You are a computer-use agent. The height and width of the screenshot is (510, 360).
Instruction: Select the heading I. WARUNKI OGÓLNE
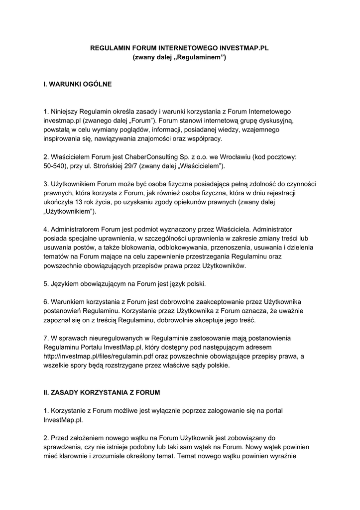click(77, 85)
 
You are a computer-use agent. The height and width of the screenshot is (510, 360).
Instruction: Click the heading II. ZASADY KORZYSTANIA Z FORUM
click(102, 392)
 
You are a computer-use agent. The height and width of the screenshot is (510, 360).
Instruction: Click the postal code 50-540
click(55, 165)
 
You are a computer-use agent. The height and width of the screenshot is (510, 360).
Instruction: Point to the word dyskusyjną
click(275, 121)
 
